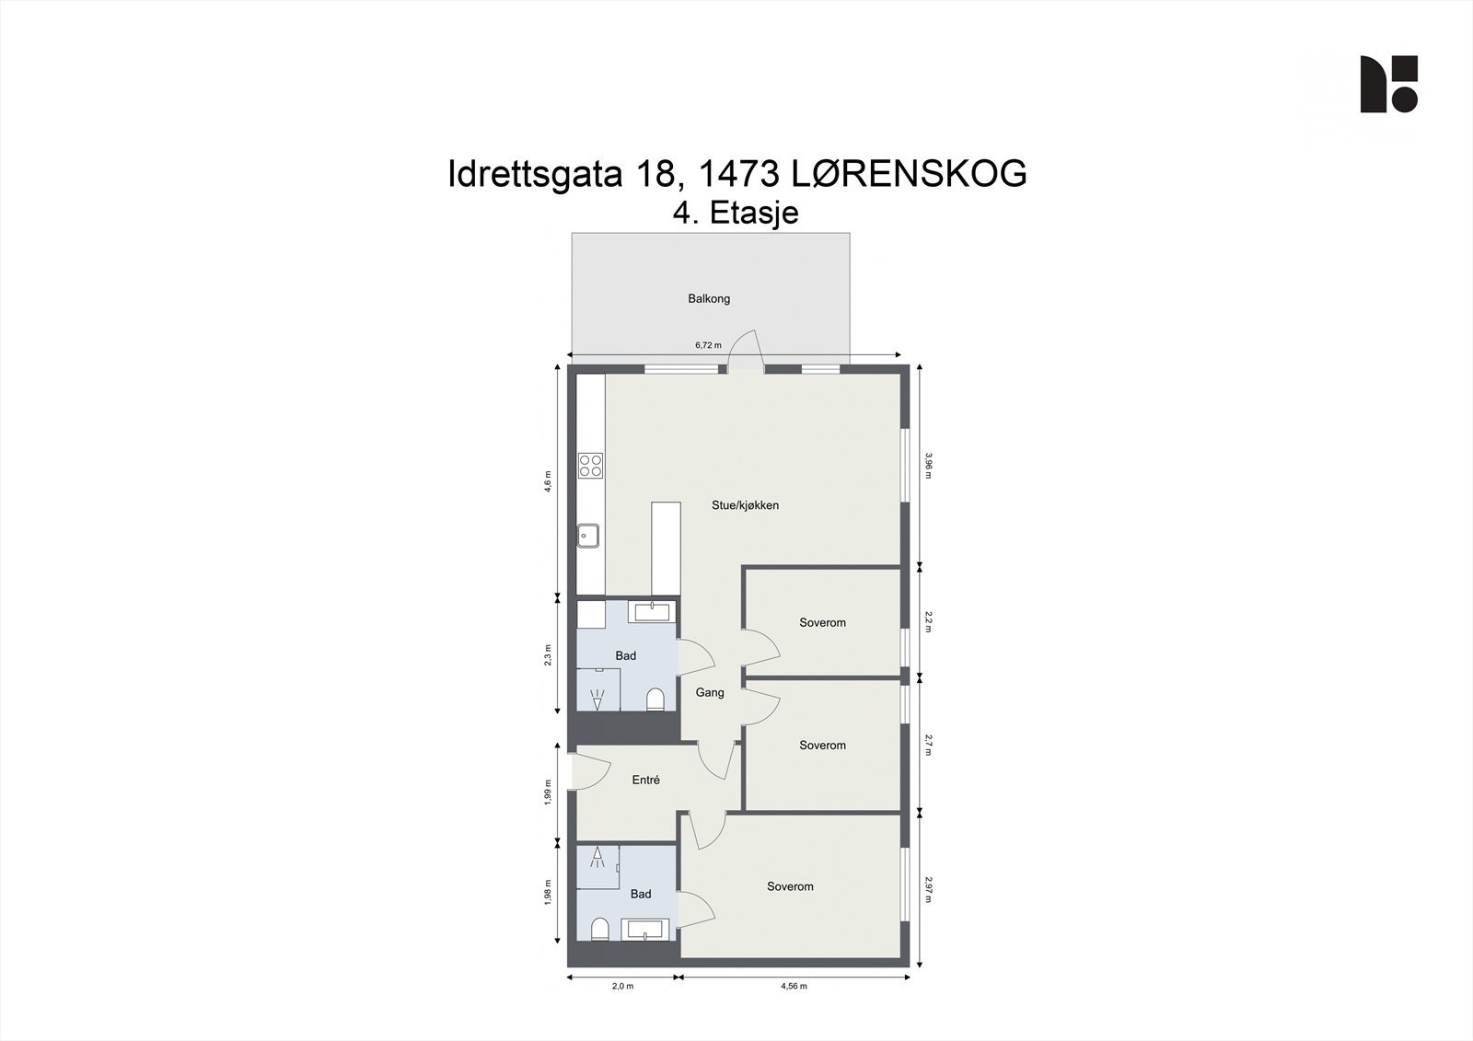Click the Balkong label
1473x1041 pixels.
[x=709, y=298]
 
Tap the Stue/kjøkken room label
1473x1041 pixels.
[x=745, y=505]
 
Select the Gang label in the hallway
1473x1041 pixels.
[x=709, y=693]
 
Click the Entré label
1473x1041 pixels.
[x=645, y=781]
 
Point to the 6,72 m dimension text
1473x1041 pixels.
[x=708, y=345]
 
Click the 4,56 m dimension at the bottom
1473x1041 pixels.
[x=794, y=986]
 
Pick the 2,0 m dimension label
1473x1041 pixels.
[x=622, y=986]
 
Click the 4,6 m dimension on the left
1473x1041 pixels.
[x=548, y=481]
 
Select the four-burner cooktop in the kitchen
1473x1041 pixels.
[x=590, y=466]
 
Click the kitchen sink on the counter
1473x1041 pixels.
[x=588, y=535]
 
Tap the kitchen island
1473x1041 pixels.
[x=666, y=549]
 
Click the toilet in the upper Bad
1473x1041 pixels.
[x=655, y=700]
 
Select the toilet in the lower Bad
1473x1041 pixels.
[x=598, y=928]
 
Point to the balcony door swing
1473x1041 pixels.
[x=747, y=351]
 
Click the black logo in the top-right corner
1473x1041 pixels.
[x=1388, y=84]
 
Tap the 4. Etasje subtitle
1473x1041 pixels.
[x=736, y=214]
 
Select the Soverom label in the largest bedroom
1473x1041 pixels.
[x=790, y=887]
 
